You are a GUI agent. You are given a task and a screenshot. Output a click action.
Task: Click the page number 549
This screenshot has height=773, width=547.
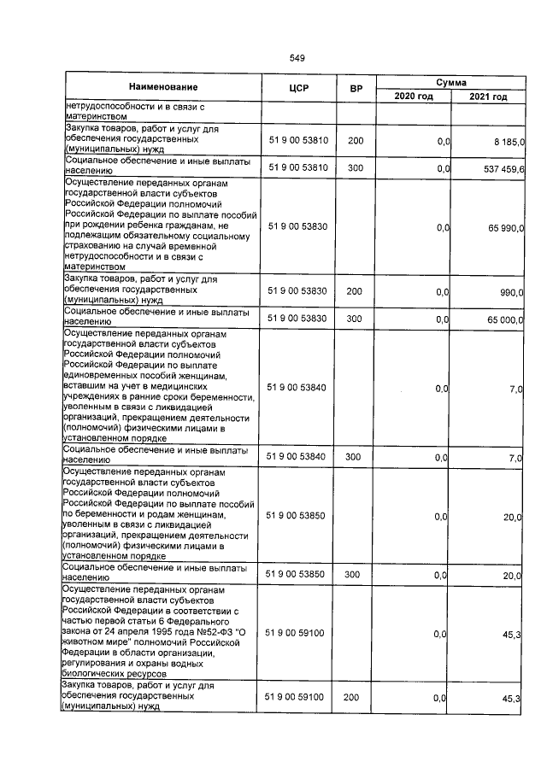pos(297,58)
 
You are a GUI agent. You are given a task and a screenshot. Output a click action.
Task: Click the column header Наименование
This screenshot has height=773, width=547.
pos(163,87)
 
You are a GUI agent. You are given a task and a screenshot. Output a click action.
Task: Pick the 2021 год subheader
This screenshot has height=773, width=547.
pos(488,97)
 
